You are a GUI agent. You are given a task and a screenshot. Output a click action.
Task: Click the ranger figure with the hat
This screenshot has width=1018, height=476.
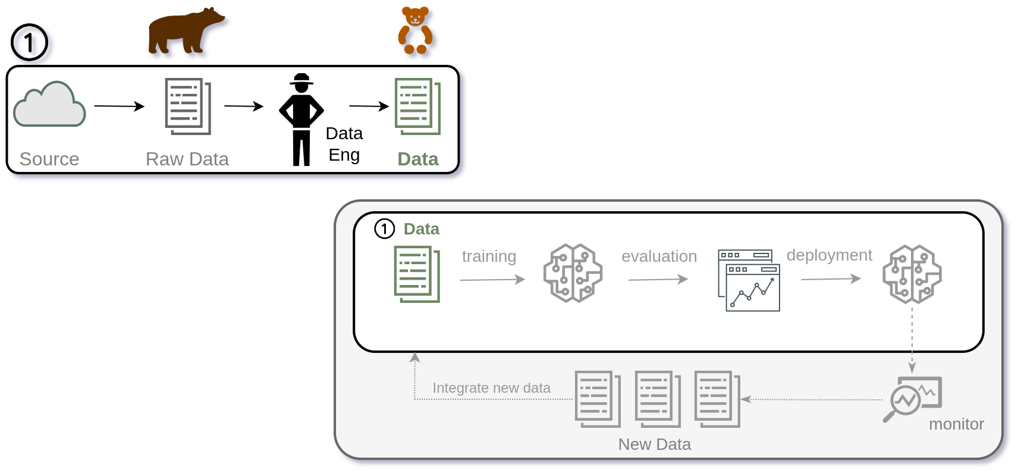[301, 119]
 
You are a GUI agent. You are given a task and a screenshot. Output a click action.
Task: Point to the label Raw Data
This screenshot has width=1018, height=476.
[187, 159]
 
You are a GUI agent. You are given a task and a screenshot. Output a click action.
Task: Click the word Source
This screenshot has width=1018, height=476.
[49, 159]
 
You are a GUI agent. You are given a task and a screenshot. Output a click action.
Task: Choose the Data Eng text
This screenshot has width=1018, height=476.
[344, 144]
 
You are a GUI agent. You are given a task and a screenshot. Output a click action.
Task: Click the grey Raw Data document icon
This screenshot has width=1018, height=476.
[187, 107]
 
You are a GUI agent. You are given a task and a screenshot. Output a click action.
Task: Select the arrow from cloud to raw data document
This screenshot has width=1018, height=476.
[119, 107]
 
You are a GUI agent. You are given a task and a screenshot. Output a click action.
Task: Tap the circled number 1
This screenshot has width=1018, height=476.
[384, 228]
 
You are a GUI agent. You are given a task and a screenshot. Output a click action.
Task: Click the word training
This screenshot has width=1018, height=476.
[489, 256]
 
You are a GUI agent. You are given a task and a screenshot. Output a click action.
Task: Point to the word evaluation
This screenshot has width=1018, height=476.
[659, 256]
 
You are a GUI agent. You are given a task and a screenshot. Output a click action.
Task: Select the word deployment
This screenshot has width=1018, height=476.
[829, 255]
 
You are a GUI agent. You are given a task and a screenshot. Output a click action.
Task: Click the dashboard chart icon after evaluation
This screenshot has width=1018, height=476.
[749, 280]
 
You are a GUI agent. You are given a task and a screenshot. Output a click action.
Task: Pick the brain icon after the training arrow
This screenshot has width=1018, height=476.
[573, 273]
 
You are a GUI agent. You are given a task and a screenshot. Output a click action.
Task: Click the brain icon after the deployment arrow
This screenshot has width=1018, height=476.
[912, 274]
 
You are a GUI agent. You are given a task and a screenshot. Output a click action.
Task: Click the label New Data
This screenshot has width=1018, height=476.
[654, 444]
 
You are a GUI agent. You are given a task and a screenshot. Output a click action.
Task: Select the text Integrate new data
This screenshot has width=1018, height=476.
[491, 388]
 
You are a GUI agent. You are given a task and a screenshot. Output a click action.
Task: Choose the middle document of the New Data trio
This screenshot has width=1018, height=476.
[657, 399]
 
